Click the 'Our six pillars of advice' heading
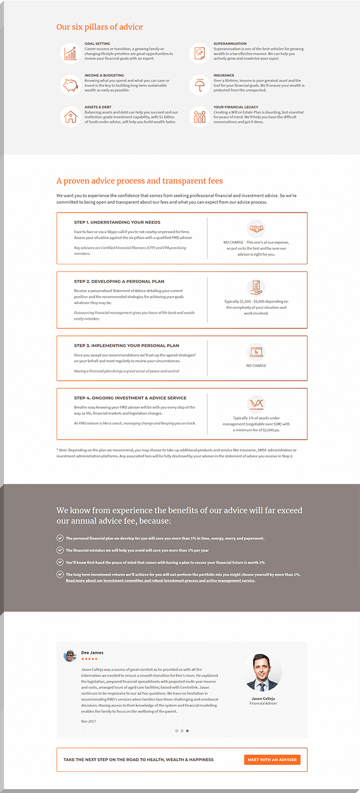[x=100, y=27]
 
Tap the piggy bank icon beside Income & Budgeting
[x=70, y=85]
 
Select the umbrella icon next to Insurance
[x=199, y=85]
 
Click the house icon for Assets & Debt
[x=70, y=117]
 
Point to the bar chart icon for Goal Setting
[x=70, y=53]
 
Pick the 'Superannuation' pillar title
[x=230, y=43]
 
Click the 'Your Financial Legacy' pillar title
[x=236, y=107]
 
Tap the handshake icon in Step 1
[x=256, y=228]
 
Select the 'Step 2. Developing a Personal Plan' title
[x=119, y=282]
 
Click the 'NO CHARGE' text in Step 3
[x=256, y=366]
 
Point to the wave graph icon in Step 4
[x=256, y=403]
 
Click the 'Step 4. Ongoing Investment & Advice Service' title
[x=130, y=398]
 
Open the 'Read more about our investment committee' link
[x=160, y=580]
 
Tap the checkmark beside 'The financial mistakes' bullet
[x=60, y=550]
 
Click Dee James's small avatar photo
[x=70, y=656]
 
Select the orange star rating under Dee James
[x=89, y=659]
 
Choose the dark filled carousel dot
[x=188, y=731]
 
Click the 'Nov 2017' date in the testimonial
[x=88, y=721]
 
